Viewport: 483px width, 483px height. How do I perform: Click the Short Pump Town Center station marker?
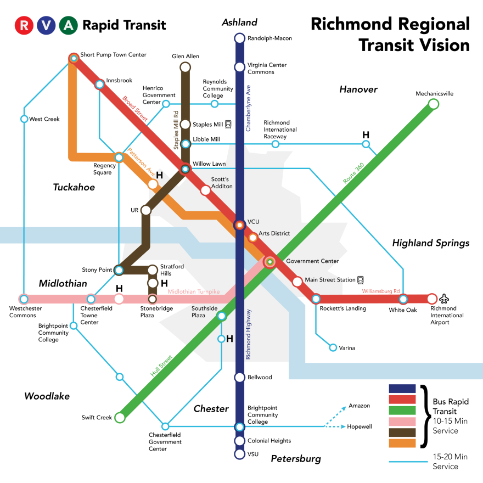74,58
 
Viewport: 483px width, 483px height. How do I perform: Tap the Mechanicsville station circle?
433,104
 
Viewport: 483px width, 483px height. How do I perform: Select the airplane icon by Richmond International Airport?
444,299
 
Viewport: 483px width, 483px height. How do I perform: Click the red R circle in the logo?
24,25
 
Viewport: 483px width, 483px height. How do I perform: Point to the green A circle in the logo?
68,25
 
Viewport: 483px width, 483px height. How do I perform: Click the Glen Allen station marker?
186,67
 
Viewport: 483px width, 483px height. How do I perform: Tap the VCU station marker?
239,225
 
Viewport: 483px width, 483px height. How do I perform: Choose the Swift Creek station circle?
119,418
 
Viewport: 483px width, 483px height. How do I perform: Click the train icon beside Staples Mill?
228,124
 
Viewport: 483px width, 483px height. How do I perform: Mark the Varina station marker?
333,347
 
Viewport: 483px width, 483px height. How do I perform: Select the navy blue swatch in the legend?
402,389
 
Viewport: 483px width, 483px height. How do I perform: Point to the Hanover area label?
358,89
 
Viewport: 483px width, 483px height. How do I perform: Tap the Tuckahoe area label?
74,187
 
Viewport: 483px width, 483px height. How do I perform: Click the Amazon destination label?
359,406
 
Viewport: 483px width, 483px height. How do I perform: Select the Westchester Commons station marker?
24,299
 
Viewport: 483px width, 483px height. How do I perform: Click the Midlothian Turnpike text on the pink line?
193,291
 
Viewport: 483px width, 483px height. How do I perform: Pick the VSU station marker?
239,454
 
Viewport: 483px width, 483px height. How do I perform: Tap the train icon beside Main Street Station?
361,279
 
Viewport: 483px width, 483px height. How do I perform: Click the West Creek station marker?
24,119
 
